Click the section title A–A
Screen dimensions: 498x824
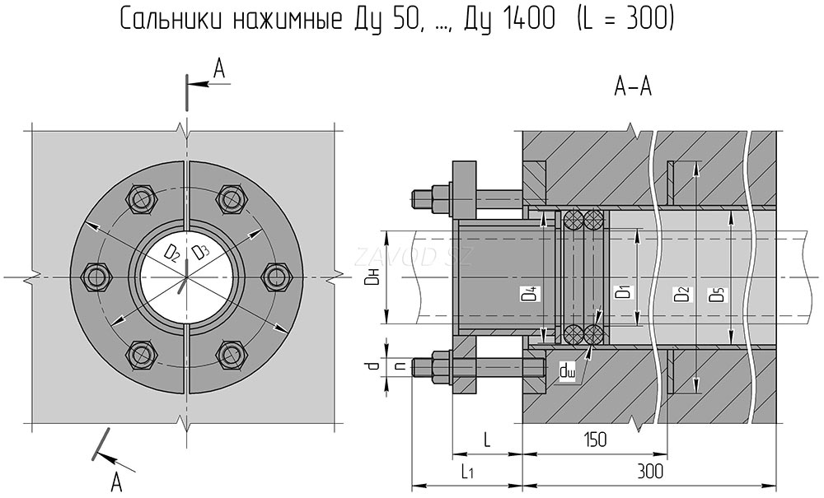pyautogui.click(x=633, y=85)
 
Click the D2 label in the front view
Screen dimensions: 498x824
pyautogui.click(x=171, y=253)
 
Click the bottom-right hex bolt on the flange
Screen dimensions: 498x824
pyautogui.click(x=232, y=353)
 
